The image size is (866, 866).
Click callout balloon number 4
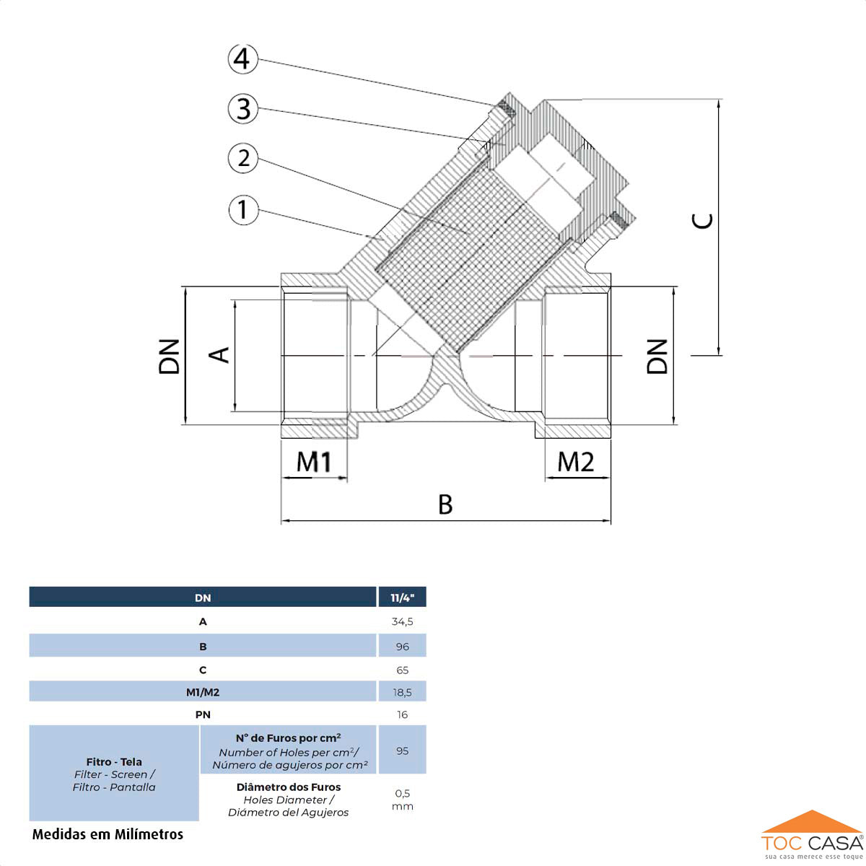pos(243,58)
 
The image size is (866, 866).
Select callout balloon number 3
pos(243,109)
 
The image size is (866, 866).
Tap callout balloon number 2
pos(243,158)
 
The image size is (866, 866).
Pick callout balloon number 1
pos(243,210)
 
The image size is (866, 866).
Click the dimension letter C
pos(703,221)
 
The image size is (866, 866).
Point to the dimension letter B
pos(445,504)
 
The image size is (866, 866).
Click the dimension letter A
pos(219,354)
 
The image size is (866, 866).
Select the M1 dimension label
pos(314,462)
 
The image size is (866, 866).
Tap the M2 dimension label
pos(575,462)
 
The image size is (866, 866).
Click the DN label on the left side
pos(170,356)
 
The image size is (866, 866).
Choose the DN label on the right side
pos(657,356)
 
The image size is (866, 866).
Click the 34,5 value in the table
pos(402,621)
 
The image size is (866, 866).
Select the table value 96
pos(402,647)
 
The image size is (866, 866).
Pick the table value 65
pos(402,670)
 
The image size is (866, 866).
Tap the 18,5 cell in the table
pos(402,692)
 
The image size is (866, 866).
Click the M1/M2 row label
pos(203,692)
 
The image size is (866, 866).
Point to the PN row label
pos(203,714)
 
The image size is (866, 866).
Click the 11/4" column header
pos(402,598)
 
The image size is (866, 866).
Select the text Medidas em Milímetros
pos(108,834)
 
